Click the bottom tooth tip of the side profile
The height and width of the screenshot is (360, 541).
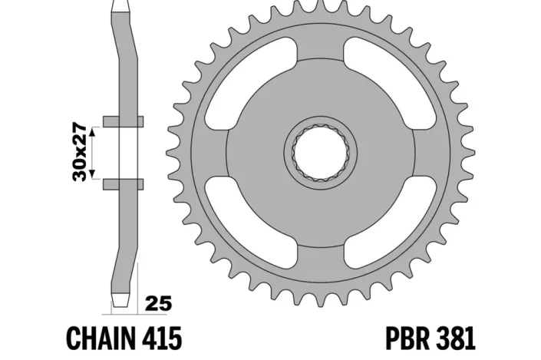point(123,299)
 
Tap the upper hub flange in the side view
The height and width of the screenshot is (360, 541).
point(123,121)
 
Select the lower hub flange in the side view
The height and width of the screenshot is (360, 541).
point(123,183)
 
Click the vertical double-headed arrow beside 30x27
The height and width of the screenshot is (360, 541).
point(93,152)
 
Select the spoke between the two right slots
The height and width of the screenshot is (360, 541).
point(428,152)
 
